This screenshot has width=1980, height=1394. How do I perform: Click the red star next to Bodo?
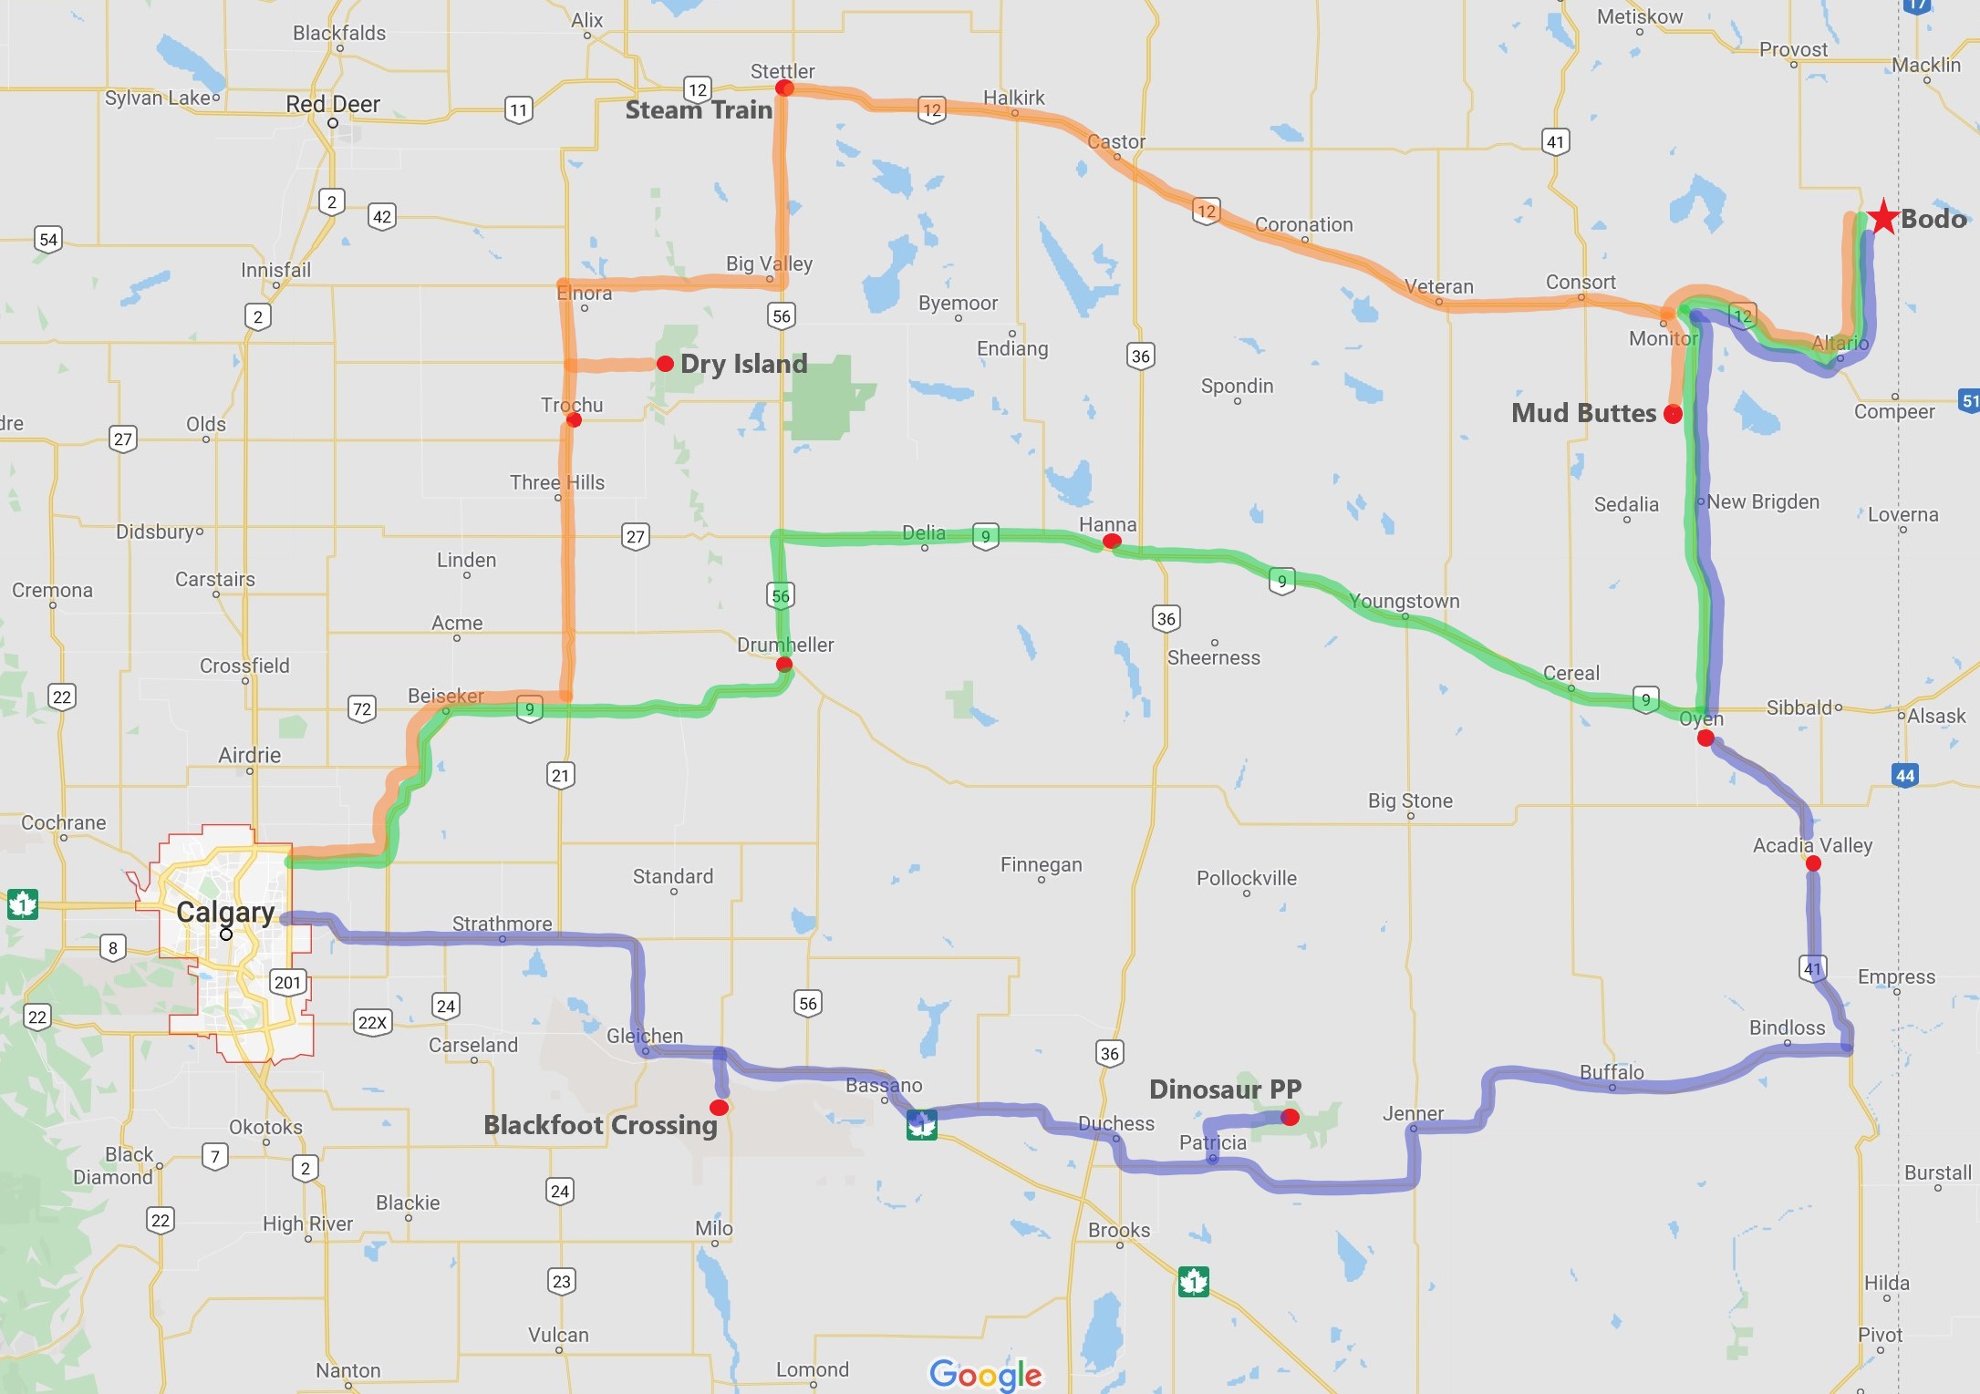(x=1882, y=217)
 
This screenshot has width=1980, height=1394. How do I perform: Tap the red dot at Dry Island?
(x=666, y=364)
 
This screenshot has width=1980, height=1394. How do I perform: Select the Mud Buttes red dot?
(x=1673, y=414)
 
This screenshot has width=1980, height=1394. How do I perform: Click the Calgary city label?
(x=225, y=912)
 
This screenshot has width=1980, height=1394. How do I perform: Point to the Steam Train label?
(x=699, y=110)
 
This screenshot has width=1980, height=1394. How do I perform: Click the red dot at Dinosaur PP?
(x=1290, y=1117)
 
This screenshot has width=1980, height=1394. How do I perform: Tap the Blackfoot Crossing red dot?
(x=719, y=1108)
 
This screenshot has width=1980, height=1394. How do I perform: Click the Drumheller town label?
(x=785, y=645)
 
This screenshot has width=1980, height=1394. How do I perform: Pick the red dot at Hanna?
(x=1112, y=542)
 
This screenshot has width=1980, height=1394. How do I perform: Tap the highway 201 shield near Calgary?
(x=287, y=983)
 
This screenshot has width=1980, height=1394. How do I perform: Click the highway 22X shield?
(x=372, y=1022)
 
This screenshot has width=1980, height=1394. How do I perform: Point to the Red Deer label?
(x=333, y=104)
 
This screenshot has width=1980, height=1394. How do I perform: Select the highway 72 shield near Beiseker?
(x=362, y=709)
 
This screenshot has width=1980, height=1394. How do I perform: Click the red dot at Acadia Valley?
(x=1813, y=863)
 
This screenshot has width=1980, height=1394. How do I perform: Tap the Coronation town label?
(x=1303, y=224)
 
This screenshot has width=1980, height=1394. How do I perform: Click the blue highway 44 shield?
(x=1905, y=776)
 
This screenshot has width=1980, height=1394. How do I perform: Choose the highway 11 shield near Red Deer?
(x=519, y=110)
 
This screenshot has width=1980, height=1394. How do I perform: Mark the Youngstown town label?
(x=1404, y=601)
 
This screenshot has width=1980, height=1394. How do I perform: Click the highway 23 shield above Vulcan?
(x=562, y=1281)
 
